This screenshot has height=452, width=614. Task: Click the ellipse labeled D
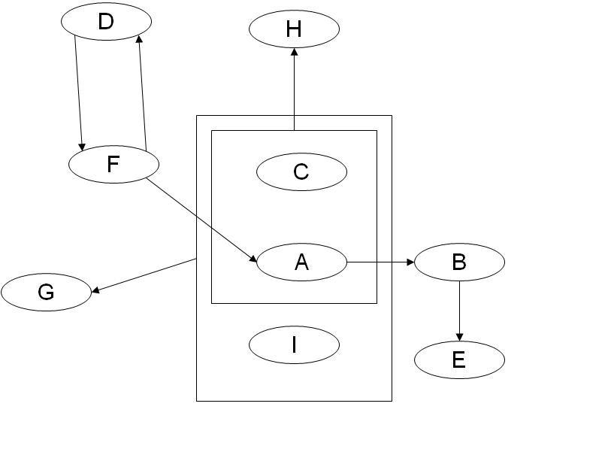click(106, 22)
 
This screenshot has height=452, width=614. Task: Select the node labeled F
click(113, 164)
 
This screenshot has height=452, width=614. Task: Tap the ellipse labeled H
click(294, 29)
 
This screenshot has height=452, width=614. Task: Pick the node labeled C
click(301, 171)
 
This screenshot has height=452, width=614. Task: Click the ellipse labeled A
click(301, 262)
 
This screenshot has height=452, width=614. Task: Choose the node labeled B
click(459, 262)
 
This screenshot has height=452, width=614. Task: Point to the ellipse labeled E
click(459, 359)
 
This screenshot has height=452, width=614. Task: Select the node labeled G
click(46, 292)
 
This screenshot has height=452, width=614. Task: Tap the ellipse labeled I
click(294, 344)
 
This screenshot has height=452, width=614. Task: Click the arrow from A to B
click(380, 262)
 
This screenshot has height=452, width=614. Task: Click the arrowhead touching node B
click(410, 262)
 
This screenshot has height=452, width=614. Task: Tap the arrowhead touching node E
click(459, 337)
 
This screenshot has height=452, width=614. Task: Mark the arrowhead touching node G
click(95, 290)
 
